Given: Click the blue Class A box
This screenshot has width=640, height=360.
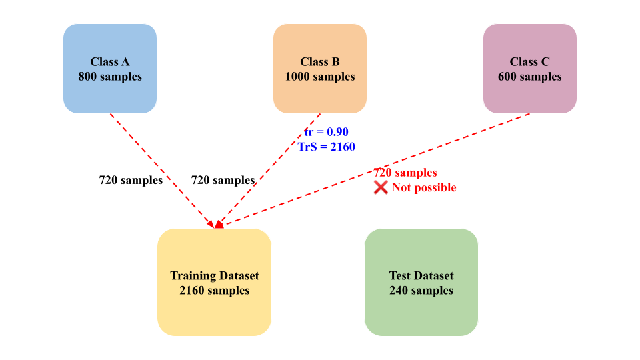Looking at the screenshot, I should coord(110,68).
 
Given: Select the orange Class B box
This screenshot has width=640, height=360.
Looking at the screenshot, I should coord(320,68).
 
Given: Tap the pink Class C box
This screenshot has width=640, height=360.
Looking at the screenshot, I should coord(530,68).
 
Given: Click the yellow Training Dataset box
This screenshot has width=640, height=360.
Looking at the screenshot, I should coord(214,282).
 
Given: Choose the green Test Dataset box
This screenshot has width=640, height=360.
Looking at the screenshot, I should coord(421,282).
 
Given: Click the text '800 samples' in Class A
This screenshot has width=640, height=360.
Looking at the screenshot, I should coord(110,77).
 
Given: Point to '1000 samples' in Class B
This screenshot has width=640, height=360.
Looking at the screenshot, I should coord(320,77).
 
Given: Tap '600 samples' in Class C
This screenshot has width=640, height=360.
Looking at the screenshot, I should coord(530,77).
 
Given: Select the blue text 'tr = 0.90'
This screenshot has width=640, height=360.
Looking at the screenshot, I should coord(327,131).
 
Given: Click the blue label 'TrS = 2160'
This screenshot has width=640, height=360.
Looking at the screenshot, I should coord(327,146).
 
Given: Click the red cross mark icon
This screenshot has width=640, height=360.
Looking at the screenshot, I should coord(381,187).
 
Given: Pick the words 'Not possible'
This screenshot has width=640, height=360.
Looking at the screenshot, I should coord(424,187).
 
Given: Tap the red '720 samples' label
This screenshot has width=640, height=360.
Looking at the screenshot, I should coord(405,173).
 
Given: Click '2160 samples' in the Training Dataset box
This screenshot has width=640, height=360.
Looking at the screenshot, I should coord(214,290).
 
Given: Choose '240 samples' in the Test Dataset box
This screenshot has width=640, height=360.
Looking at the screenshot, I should coord(421,290).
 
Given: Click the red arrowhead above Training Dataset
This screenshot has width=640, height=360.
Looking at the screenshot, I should coord(217,225).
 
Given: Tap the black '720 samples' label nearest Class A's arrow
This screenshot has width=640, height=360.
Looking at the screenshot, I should coord(131,180).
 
